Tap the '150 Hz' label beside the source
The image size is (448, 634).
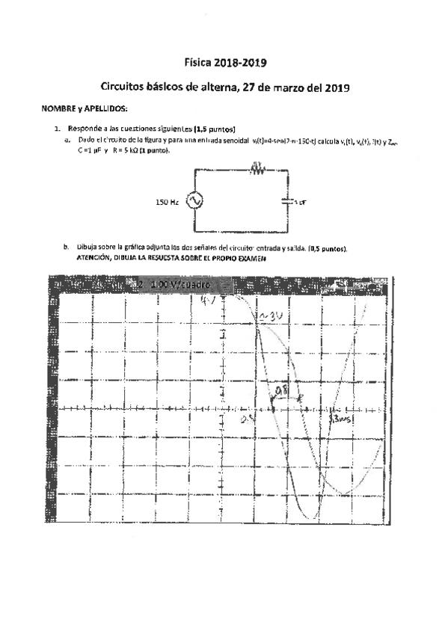tap(167, 202)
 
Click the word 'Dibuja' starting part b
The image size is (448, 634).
tap(87, 248)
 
